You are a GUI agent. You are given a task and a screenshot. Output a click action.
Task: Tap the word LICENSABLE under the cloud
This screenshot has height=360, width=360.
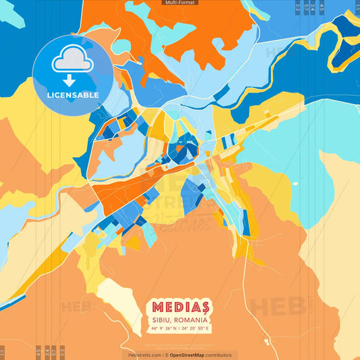(72, 95)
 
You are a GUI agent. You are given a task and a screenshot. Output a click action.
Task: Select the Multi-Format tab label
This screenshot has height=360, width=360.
(180, 3)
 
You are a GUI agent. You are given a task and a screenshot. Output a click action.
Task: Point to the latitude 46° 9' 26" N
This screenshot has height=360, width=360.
(164, 328)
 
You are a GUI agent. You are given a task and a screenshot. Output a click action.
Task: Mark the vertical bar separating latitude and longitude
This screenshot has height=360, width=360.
(180, 328)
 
